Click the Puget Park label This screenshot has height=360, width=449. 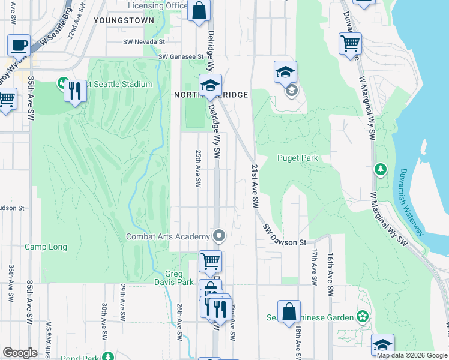[297, 158]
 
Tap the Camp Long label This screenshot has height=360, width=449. [46, 247]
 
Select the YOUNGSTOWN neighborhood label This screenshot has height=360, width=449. [124, 19]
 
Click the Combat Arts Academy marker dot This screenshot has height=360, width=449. [219, 236]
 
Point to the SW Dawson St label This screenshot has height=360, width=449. [285, 235]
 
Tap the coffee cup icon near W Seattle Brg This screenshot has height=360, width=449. [19, 46]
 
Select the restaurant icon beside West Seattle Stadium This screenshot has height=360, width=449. [75, 91]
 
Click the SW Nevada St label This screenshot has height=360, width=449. [143, 41]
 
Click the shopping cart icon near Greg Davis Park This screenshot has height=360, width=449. [210, 261]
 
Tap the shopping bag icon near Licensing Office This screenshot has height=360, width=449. [199, 11]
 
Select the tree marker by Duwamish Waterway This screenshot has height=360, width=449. [380, 170]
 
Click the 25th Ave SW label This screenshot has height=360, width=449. [197, 168]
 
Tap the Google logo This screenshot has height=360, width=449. [20, 353]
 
